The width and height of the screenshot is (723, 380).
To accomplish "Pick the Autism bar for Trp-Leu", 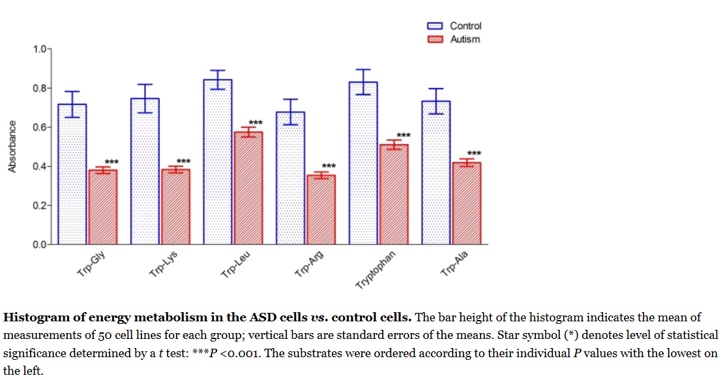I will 248,188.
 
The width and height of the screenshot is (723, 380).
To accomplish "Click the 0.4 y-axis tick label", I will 39,167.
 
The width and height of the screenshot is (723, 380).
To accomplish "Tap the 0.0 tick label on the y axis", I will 39,245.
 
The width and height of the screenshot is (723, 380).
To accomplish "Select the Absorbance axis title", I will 12,147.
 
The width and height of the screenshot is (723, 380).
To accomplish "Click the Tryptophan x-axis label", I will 376,269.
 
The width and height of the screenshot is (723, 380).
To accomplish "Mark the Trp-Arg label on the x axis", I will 309,265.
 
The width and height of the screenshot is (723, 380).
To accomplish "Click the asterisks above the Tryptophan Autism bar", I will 404,135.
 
